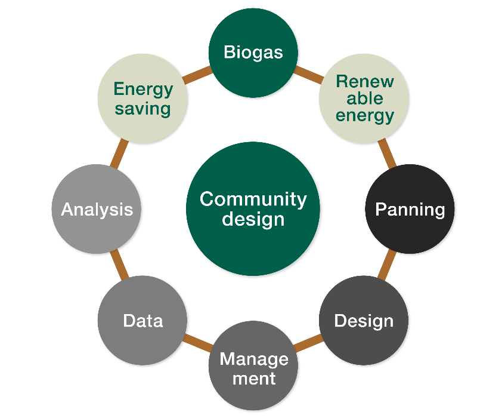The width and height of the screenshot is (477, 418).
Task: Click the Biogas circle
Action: coord(253,53)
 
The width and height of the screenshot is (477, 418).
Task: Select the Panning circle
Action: coord(410,210)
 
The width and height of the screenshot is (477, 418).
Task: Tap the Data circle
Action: coord(143,320)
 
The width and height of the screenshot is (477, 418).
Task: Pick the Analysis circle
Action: coord(97,210)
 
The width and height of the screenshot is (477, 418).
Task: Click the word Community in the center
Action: coord(253,199)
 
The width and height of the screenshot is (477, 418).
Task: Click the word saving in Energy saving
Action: coord(143,109)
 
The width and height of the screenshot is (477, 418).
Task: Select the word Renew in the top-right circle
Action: coord(364,81)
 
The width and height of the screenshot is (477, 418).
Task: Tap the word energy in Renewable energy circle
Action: coord(364,115)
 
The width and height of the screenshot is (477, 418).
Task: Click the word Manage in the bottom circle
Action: coord(253,359)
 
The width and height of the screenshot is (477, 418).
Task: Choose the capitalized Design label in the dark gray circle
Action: coord(364,321)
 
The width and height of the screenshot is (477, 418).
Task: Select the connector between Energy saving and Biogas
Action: coord(197,75)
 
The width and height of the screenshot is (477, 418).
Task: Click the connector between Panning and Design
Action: coord(388,265)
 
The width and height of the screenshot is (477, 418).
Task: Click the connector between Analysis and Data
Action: coord(119,265)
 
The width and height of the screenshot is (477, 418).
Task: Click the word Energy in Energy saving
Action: coord(143,90)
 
